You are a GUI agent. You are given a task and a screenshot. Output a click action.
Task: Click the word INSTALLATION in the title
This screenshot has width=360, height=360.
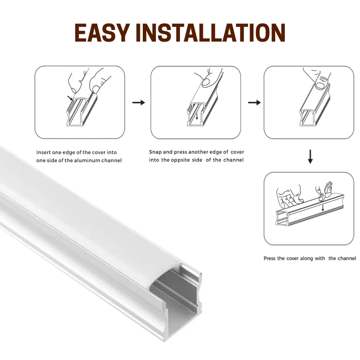212,34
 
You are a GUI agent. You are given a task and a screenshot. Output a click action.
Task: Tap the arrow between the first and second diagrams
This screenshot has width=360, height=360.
138,103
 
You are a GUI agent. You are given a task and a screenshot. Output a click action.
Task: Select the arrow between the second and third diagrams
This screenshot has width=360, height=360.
254,103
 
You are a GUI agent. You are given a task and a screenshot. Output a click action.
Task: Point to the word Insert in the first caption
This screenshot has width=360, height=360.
44,152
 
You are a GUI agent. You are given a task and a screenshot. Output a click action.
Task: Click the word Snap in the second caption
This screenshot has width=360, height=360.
156,152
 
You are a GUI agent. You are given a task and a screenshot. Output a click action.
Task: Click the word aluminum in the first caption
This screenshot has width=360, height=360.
92,160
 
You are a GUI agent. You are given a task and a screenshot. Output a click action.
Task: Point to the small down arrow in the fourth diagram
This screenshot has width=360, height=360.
323,208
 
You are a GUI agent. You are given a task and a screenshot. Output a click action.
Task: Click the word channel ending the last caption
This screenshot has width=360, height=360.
347,258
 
